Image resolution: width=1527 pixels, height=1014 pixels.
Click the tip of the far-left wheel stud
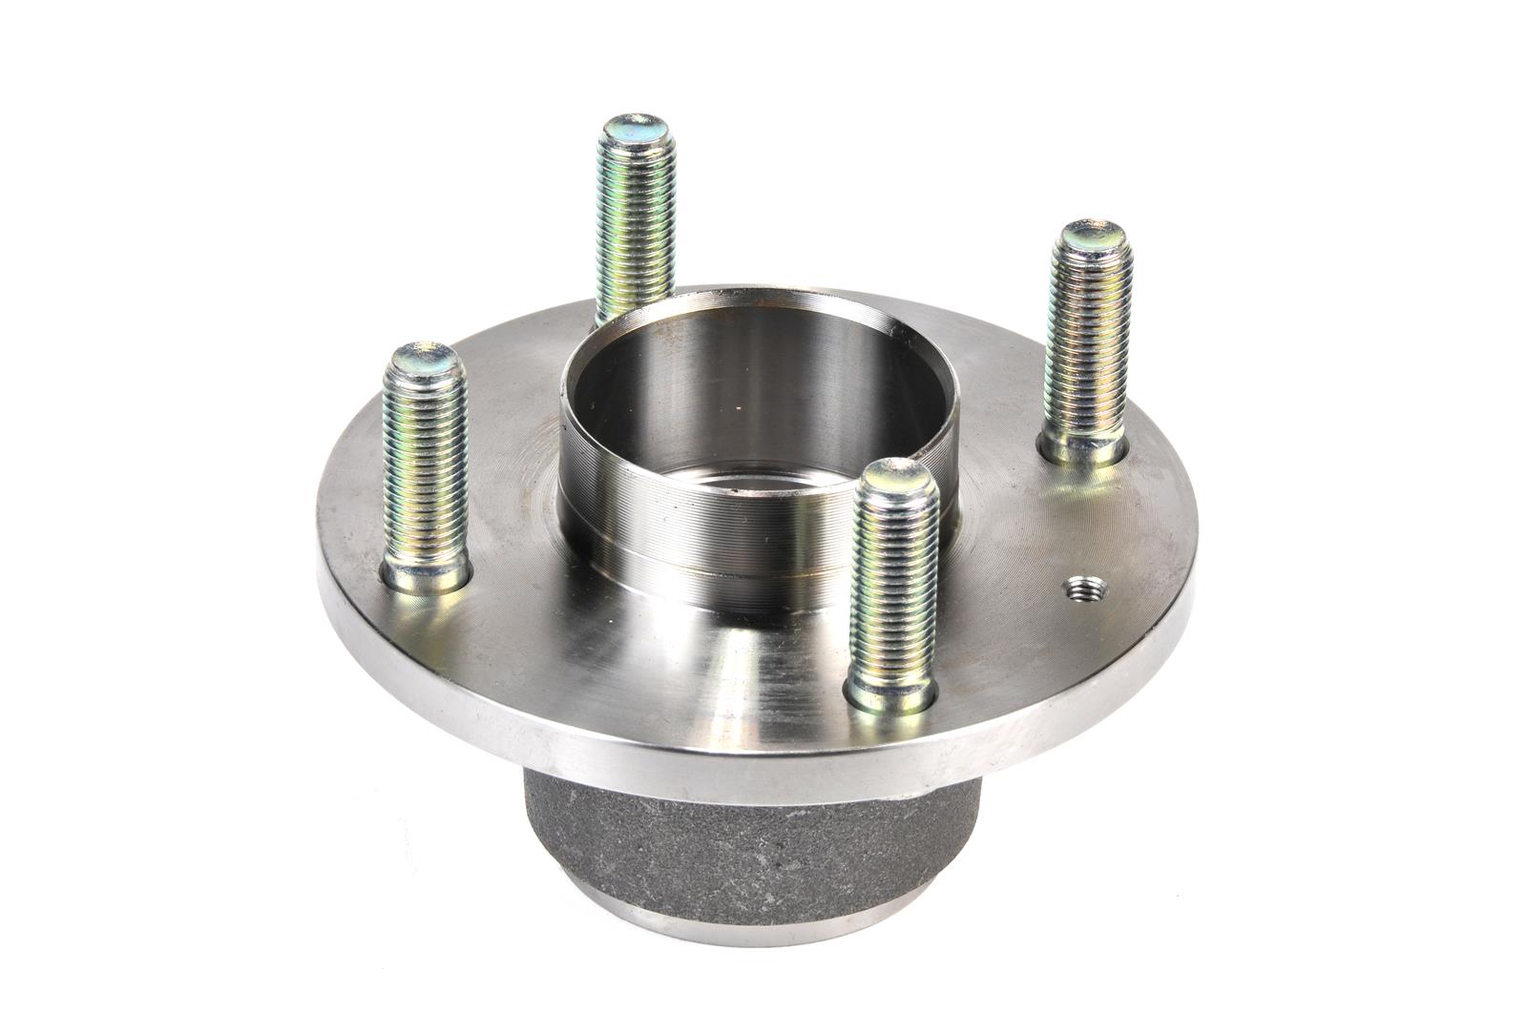(424, 358)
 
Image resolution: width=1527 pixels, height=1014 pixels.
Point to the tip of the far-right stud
(1094, 235)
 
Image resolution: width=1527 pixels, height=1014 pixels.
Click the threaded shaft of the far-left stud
(425, 467)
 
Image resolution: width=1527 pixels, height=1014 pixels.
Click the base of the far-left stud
(426, 575)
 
